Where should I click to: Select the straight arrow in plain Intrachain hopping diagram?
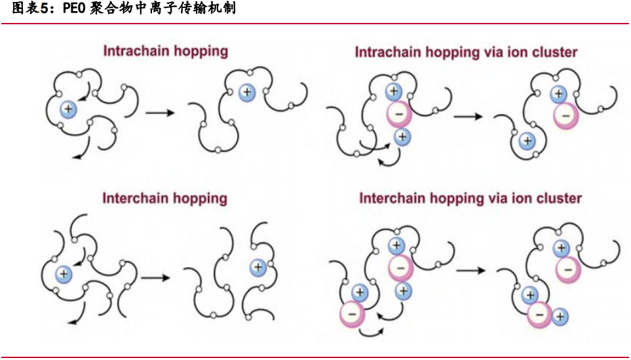click(160, 113)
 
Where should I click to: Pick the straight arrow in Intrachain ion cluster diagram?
click(468, 116)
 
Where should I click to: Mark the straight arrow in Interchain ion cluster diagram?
click(471, 270)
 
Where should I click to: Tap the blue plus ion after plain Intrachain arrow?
click(246, 92)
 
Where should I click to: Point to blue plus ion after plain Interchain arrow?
click(258, 267)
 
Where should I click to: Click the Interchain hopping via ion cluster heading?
click(470, 198)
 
